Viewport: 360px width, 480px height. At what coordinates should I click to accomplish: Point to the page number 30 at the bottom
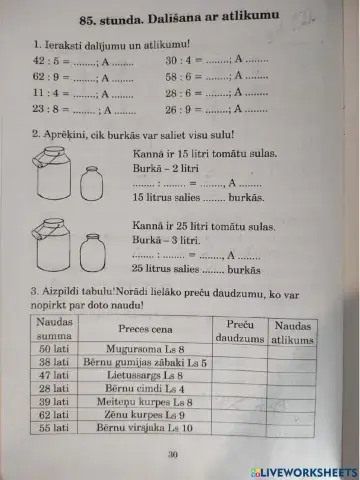point(171,455)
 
